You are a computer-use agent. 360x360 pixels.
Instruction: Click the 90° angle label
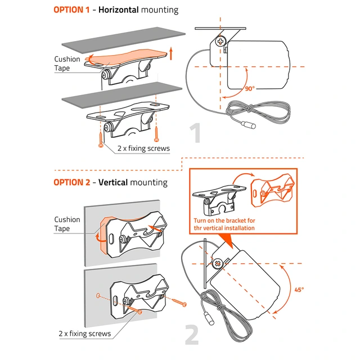(x=250, y=88)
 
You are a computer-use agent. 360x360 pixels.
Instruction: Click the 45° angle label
(x=299, y=290)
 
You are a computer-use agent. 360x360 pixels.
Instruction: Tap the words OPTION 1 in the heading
(x=71, y=10)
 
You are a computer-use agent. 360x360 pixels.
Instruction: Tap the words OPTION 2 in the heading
(x=71, y=182)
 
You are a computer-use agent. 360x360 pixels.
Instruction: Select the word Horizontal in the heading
(x=119, y=10)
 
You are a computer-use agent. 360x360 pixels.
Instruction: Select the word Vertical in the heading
(x=113, y=182)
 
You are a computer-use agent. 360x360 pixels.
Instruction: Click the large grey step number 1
(x=195, y=133)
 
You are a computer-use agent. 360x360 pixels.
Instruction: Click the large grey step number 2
(x=192, y=335)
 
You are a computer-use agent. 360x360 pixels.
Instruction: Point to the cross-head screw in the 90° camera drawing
(x=220, y=42)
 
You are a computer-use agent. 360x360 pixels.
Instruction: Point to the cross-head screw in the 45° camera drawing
(x=218, y=263)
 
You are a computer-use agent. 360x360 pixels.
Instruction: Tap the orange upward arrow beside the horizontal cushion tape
(x=170, y=53)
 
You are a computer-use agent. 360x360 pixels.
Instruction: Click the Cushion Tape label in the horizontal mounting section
(x=67, y=64)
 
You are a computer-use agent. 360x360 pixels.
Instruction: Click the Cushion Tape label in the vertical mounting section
(x=67, y=224)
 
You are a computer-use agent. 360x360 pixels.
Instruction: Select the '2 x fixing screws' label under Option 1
(x=143, y=148)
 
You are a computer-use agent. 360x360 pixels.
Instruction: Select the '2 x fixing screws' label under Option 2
(x=85, y=334)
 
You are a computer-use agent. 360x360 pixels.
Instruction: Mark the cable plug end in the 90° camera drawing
(x=249, y=125)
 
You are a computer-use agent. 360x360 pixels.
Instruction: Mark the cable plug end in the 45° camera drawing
(x=209, y=318)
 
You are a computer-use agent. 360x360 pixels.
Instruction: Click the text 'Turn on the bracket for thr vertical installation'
(x=224, y=224)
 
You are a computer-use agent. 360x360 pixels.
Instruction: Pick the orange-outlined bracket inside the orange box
(x=272, y=191)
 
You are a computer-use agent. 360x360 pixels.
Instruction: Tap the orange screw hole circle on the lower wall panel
(x=98, y=296)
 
